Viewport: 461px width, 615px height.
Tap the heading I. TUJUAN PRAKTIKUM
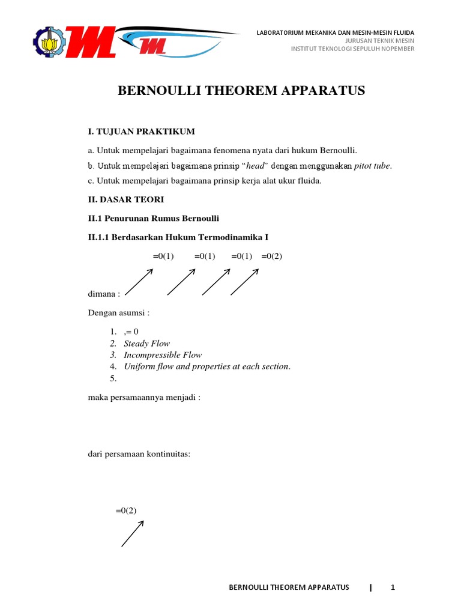(x=141, y=132)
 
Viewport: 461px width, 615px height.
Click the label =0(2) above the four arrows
(x=271, y=256)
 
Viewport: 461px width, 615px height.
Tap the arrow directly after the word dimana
(x=139, y=282)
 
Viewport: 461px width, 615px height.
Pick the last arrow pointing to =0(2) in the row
(x=244, y=282)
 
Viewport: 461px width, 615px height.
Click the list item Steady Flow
(x=147, y=344)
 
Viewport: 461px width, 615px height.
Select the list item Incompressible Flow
(x=163, y=355)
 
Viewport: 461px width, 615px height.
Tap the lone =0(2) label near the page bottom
(x=126, y=510)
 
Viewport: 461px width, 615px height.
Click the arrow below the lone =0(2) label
(x=133, y=533)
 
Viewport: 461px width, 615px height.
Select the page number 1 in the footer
(x=393, y=587)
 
